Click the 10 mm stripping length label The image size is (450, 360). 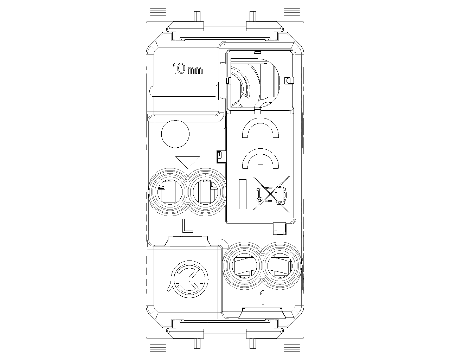point(188,69)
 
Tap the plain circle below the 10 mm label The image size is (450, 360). point(175,134)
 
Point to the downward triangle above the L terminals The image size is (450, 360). point(188,162)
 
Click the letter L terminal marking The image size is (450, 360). point(187,226)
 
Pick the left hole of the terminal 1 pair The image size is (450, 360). point(243,266)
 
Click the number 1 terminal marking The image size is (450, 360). point(262,297)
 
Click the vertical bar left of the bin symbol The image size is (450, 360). point(243,194)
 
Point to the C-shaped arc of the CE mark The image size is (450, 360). point(261,129)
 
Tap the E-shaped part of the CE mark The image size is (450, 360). point(261,159)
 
